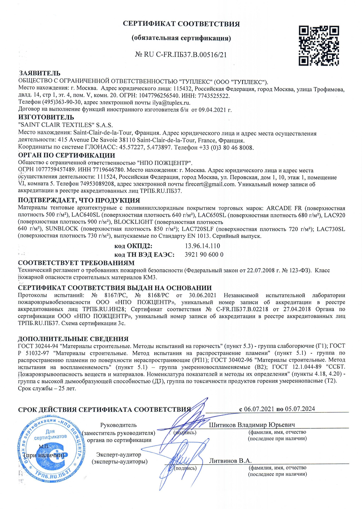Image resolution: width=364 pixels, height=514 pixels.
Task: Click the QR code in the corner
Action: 319,46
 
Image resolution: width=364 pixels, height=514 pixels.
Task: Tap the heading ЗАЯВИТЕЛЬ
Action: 40,73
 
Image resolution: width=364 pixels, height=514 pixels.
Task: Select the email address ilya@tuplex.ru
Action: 171,103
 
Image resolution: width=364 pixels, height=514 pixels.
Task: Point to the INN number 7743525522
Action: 214,96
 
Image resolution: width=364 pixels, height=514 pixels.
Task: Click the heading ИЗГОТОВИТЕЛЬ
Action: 46,117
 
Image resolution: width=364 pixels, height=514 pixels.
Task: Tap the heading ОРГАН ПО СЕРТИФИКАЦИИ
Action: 67,155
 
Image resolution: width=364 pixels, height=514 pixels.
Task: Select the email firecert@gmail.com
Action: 210,184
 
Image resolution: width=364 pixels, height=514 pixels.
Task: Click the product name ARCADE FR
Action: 284,208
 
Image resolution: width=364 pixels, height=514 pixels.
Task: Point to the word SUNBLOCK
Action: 62,229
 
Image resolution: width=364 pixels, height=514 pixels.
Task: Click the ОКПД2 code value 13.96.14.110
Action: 202,246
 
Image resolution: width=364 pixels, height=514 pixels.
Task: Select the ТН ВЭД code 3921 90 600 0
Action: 204,254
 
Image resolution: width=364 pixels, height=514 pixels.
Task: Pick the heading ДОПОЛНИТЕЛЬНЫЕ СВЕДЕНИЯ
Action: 73,339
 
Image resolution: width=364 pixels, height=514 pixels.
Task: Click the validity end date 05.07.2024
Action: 300,409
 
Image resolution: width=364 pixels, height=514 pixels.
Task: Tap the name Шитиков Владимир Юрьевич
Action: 252,425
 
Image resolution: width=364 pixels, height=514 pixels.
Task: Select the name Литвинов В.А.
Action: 230,461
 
